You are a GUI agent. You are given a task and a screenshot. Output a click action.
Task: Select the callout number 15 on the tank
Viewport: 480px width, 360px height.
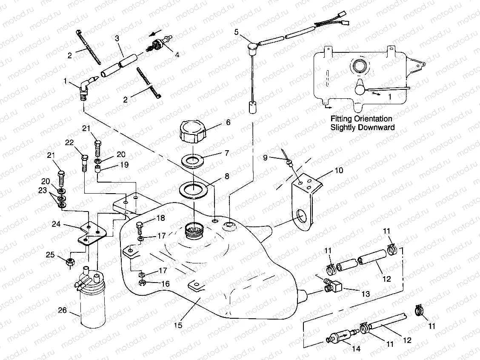[178, 326]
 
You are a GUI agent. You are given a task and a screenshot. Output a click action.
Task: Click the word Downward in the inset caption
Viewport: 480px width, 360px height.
[377, 127]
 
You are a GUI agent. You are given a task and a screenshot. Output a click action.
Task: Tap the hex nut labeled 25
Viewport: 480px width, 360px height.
[70, 262]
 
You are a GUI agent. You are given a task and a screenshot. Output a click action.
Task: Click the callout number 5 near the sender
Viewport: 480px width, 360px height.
[236, 32]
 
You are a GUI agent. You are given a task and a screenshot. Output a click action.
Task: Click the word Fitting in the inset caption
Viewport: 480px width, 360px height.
[344, 119]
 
